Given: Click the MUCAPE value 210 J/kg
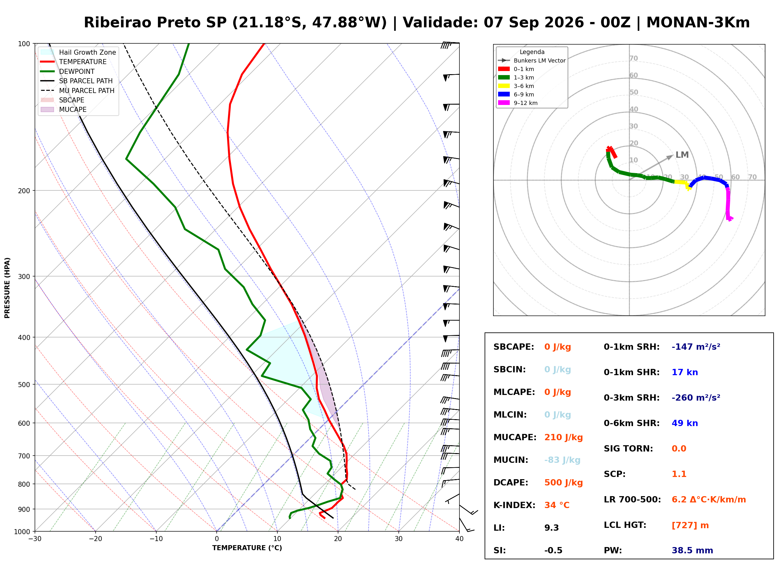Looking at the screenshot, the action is click(x=564, y=437).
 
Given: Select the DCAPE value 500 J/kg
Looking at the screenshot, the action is click(x=564, y=482).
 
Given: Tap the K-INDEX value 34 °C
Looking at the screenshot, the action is click(x=557, y=505).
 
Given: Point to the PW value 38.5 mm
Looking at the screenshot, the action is click(x=692, y=550).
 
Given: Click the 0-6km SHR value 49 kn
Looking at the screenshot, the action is click(x=685, y=423).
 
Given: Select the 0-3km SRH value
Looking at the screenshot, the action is click(x=696, y=397).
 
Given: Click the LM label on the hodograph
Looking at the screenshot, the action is click(x=682, y=155).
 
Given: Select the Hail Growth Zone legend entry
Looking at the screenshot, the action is click(x=78, y=52).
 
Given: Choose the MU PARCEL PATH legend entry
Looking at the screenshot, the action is click(x=77, y=90).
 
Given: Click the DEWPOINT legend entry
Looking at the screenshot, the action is click(x=68, y=71).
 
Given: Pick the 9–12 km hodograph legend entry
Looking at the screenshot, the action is click(x=518, y=103).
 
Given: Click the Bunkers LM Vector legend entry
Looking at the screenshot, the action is click(x=532, y=61).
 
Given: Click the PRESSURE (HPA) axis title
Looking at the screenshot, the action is click(x=7, y=288).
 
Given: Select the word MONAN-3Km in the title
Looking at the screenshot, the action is click(x=698, y=23).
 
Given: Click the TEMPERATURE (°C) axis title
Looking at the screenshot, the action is click(x=247, y=548).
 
